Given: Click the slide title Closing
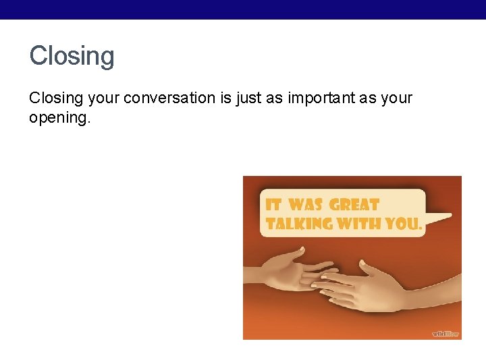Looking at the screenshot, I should point(72,56).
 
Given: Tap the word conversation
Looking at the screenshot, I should point(169,98).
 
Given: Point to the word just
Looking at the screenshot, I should point(248,98).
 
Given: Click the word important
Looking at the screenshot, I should point(319,98).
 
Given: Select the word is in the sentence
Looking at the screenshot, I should point(225,98).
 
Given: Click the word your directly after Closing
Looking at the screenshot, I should point(103,98).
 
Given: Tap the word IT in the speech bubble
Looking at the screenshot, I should point(273,205).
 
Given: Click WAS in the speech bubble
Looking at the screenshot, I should point(306,205).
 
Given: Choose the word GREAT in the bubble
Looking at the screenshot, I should point(354,205).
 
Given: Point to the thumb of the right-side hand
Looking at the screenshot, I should point(368,270).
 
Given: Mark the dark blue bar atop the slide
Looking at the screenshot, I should point(243,9).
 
